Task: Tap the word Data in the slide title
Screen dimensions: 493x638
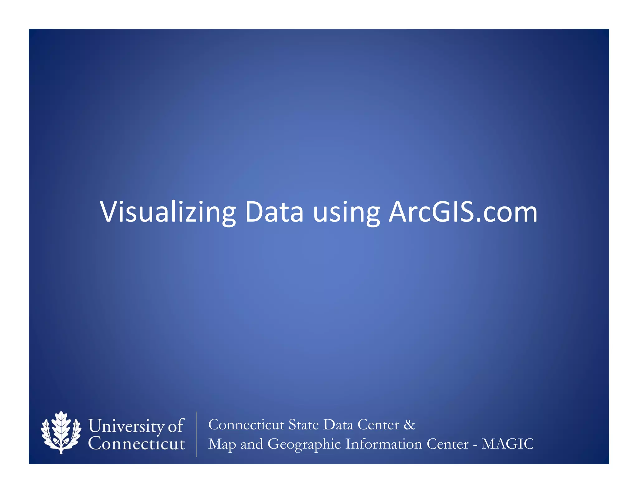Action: click(x=274, y=212)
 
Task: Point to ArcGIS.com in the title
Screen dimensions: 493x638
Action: click(x=463, y=212)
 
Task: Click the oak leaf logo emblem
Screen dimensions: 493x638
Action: click(x=61, y=433)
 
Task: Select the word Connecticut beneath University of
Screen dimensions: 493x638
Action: click(x=136, y=443)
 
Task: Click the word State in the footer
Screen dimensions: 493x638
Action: click(x=303, y=424)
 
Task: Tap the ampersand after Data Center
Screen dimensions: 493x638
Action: click(x=409, y=424)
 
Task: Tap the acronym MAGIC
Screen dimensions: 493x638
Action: click(x=507, y=444)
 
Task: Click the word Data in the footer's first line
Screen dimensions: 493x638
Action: click(x=338, y=424)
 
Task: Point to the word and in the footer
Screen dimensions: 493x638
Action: click(x=252, y=444)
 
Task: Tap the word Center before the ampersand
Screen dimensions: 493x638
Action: click(x=378, y=424)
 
